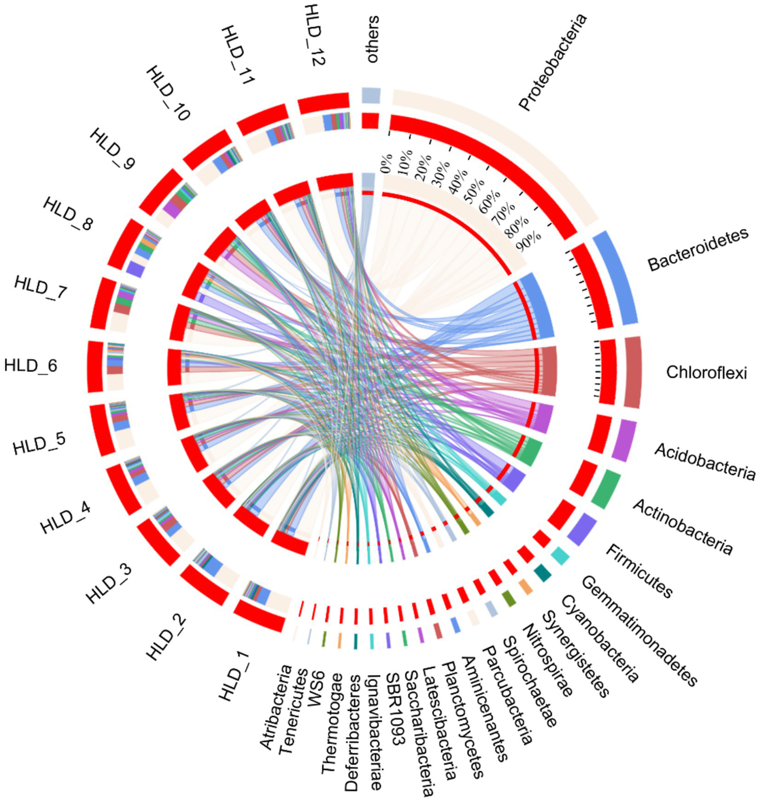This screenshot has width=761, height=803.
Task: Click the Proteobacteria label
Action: click(x=553, y=62)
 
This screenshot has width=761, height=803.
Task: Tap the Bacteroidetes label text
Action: click(x=698, y=250)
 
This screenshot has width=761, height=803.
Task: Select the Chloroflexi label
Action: click(x=706, y=372)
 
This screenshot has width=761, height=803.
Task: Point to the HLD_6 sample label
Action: click(x=31, y=366)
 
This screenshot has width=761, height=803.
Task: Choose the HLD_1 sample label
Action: click(x=234, y=677)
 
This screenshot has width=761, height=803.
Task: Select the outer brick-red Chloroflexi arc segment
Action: click(x=633, y=372)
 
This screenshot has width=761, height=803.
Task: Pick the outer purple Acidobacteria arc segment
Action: click(x=624, y=440)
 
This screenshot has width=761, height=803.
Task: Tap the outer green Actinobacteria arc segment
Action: click(x=606, y=490)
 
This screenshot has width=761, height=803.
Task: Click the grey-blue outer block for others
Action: click(x=371, y=95)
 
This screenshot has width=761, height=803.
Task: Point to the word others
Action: click(x=372, y=40)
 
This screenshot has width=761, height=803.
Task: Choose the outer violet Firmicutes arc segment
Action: click(x=582, y=529)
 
